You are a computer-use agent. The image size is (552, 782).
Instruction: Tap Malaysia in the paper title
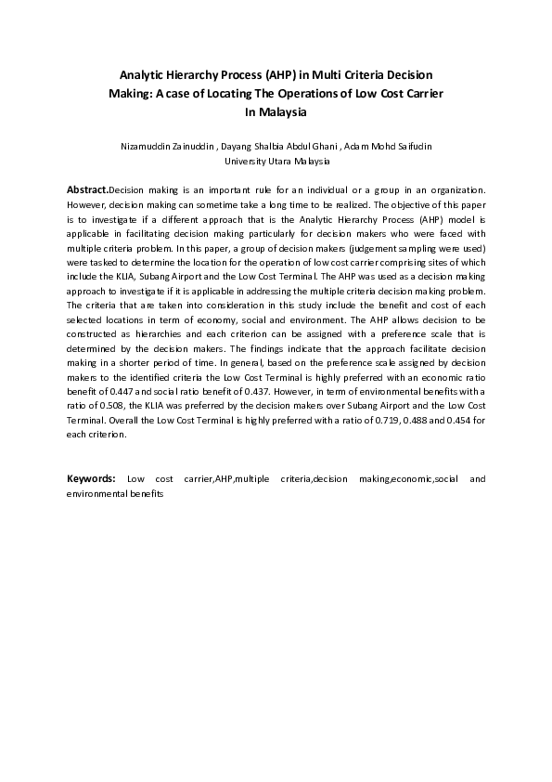pyautogui.click(x=285, y=112)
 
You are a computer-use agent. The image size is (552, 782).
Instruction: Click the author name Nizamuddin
pyautogui.click(x=148, y=147)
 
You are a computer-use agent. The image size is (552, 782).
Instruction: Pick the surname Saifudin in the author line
pyautogui.click(x=409, y=147)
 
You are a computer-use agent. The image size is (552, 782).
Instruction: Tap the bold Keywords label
pyautogui.click(x=91, y=478)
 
